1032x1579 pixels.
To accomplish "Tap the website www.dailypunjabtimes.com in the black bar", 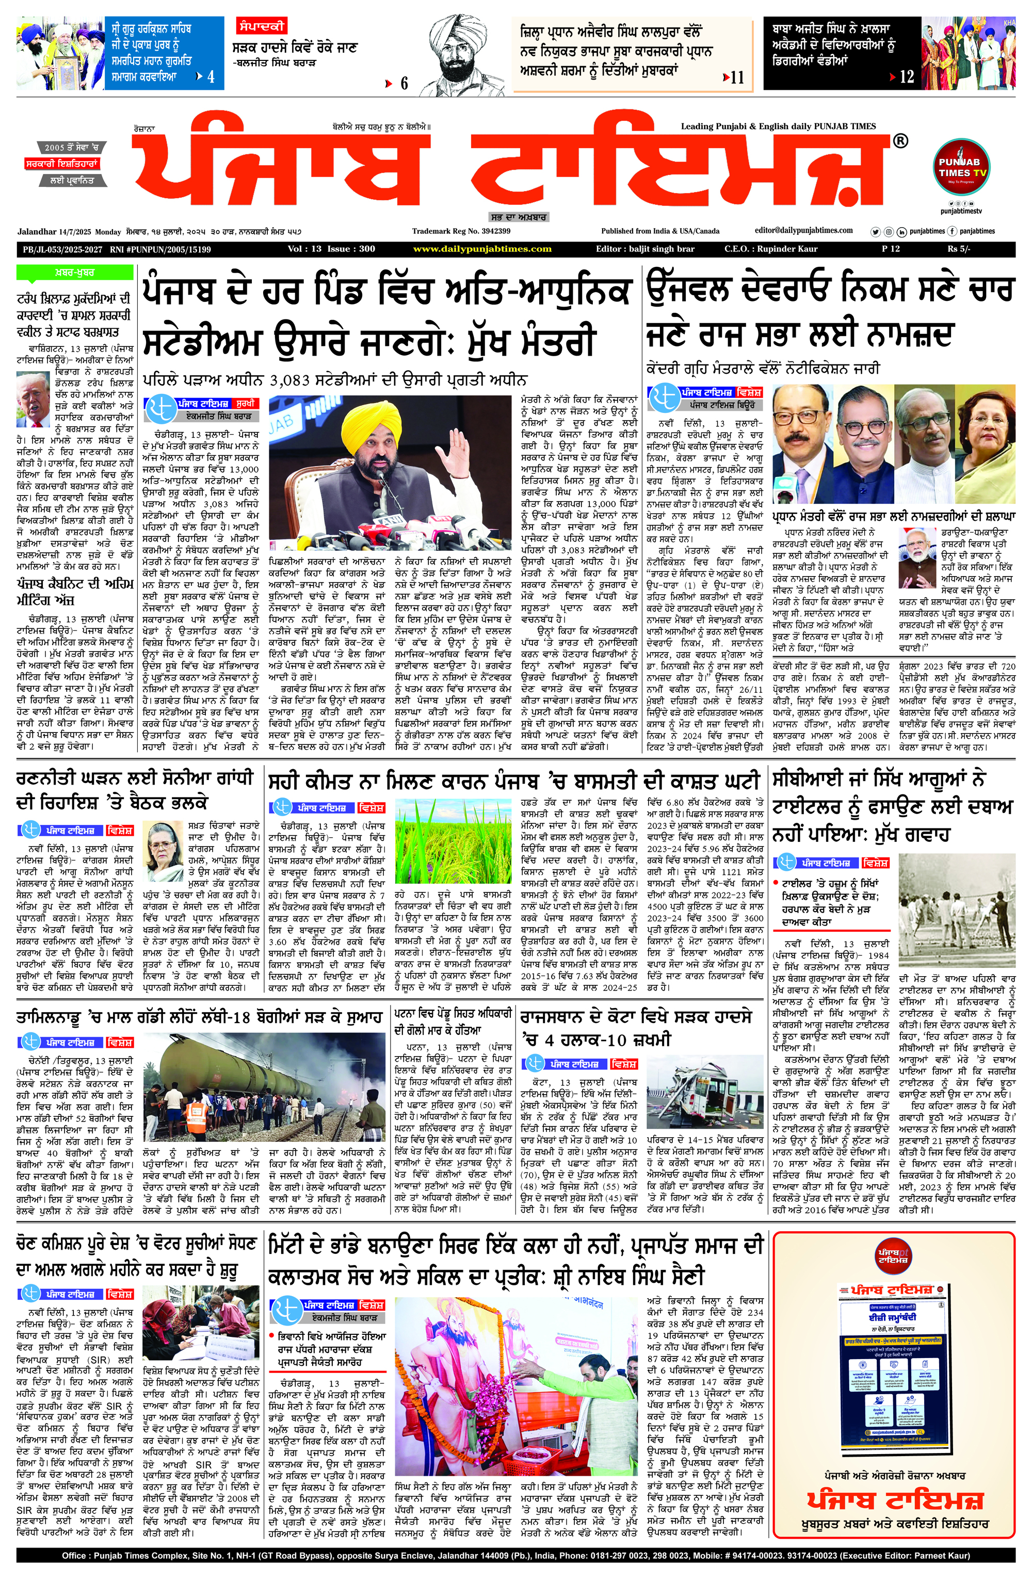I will (x=482, y=249).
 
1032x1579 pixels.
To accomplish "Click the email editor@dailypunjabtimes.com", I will (x=804, y=230).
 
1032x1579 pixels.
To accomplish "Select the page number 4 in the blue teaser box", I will (x=211, y=77).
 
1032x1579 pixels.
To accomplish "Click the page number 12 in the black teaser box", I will (x=907, y=77).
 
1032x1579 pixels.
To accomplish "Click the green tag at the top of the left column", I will (x=74, y=273).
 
